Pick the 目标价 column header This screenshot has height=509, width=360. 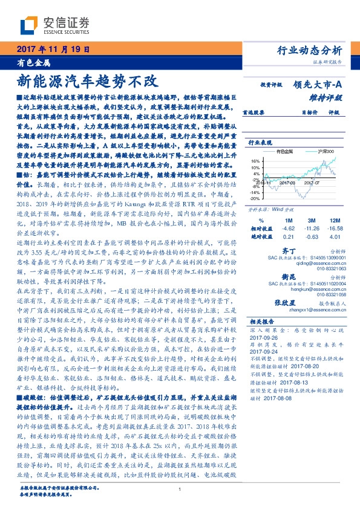(x=309, y=112)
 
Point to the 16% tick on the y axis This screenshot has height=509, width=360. (x=255, y=161)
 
